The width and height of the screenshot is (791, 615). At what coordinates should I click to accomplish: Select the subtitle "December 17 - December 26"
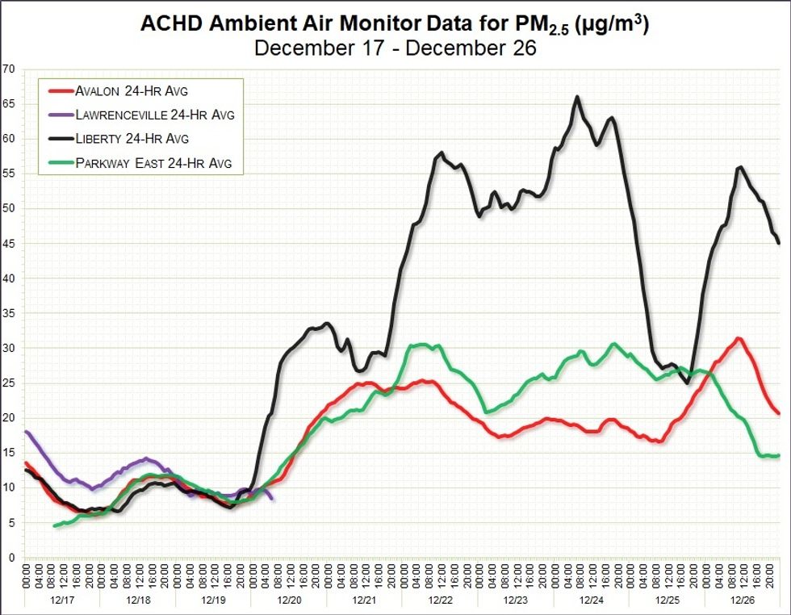395,48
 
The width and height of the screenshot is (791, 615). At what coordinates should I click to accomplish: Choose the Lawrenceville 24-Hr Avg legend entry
154,115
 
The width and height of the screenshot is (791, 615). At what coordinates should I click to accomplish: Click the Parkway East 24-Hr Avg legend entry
153,163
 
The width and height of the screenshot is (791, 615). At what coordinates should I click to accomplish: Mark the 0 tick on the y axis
11,557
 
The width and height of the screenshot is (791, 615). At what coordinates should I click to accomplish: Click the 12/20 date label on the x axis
289,601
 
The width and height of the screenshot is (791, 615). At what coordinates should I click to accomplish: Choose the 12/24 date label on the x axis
591,601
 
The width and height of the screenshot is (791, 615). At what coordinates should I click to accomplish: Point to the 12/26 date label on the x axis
742,601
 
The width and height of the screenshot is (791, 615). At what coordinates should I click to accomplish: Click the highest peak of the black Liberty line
577,97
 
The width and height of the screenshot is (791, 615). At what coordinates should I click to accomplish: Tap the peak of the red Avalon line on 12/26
737,338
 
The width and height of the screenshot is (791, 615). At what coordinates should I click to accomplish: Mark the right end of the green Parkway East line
778,455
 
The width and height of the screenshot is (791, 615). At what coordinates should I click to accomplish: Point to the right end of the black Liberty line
778,243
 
